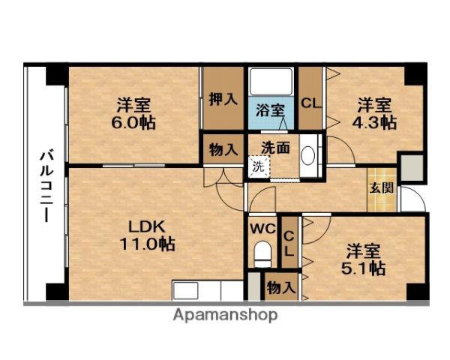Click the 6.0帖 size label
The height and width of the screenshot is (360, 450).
coord(136,122)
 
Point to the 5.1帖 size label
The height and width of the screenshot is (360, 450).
coord(366,266)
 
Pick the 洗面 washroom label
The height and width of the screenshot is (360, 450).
coord(275,148)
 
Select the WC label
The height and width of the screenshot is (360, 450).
coord(262,226)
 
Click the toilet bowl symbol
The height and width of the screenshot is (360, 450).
coord(262,255)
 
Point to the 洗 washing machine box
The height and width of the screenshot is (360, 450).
coord(258,166)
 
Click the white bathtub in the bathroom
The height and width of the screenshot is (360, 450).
coord(272,81)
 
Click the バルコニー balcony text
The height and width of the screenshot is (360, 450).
coord(45,184)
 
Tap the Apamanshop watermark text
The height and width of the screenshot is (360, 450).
coord(225,315)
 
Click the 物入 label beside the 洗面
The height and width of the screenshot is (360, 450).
coord(223,148)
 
